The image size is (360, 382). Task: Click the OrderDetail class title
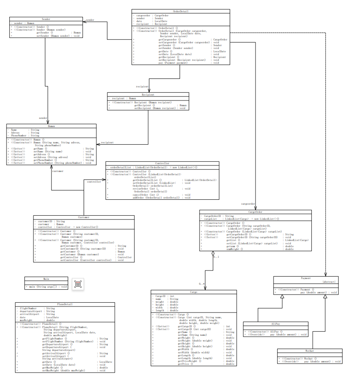point(181,11)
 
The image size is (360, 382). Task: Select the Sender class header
point(47,19)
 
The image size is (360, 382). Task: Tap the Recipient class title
point(148,94)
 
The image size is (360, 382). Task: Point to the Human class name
point(51,126)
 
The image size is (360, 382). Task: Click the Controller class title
point(162,163)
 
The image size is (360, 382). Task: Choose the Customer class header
point(84,217)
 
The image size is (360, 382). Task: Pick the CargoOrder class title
point(255,212)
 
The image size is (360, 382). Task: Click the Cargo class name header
point(193,292)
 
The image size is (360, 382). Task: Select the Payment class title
point(306,278)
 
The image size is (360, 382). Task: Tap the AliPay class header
point(276,324)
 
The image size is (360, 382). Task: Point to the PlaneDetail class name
point(65,304)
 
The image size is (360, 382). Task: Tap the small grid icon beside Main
point(78,285)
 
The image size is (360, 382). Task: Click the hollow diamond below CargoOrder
point(213,254)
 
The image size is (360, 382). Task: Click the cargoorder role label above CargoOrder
point(248,203)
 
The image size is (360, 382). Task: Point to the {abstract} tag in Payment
point(329,282)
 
